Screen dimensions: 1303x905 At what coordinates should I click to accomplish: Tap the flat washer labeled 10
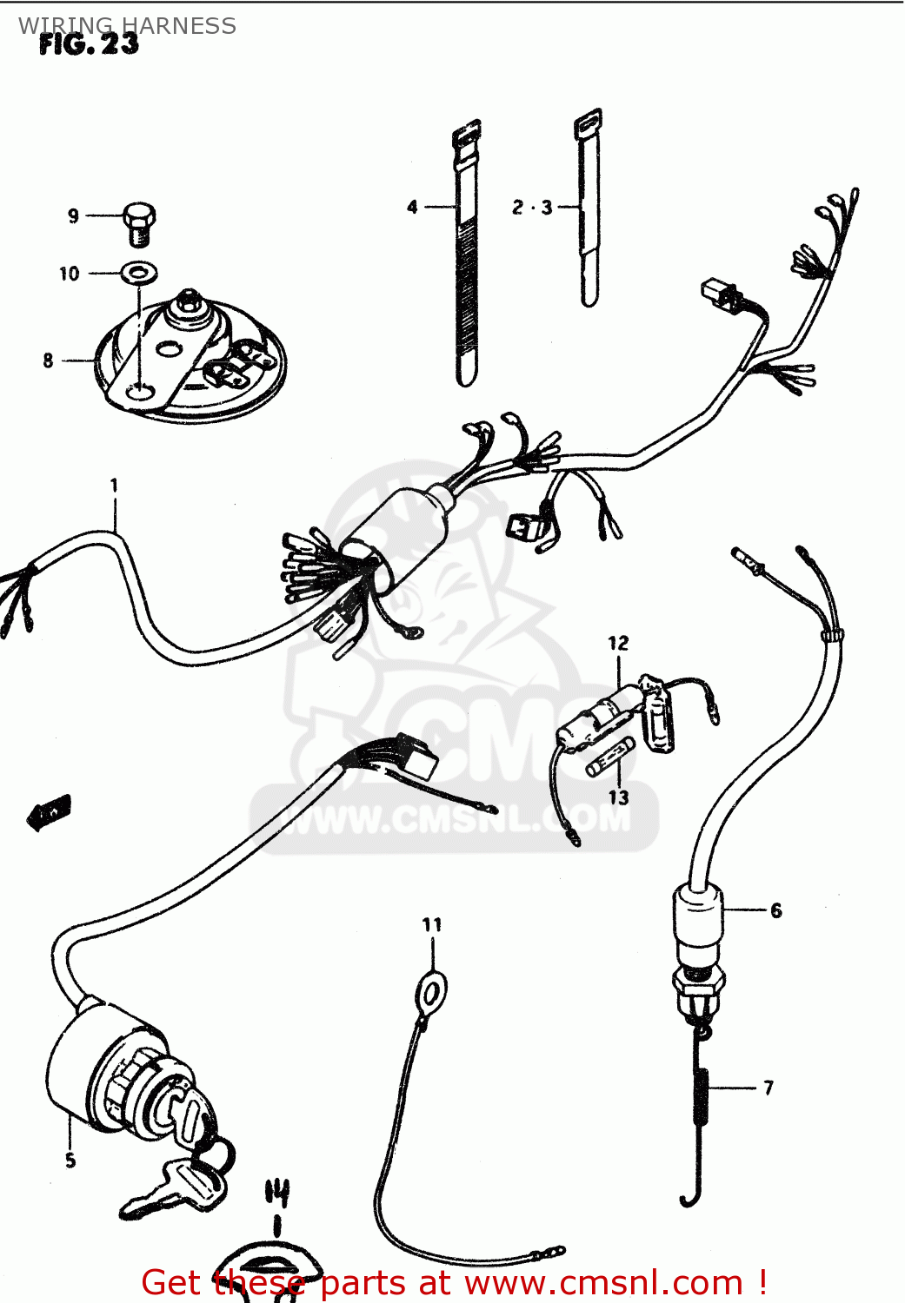138,273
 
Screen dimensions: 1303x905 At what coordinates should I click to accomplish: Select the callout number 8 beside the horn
48,360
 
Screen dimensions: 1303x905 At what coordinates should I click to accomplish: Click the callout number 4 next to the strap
412,207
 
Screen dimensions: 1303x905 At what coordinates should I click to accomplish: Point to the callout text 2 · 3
531,207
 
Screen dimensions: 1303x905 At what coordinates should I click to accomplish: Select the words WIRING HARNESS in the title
128,26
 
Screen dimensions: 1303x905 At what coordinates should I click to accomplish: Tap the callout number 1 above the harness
114,485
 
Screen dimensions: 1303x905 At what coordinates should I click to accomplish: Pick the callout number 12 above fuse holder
618,643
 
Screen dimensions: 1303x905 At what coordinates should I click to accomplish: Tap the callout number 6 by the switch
775,910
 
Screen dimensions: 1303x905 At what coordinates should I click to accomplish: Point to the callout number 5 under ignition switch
70,1160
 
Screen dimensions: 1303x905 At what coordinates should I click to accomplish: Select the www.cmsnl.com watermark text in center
454,818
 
